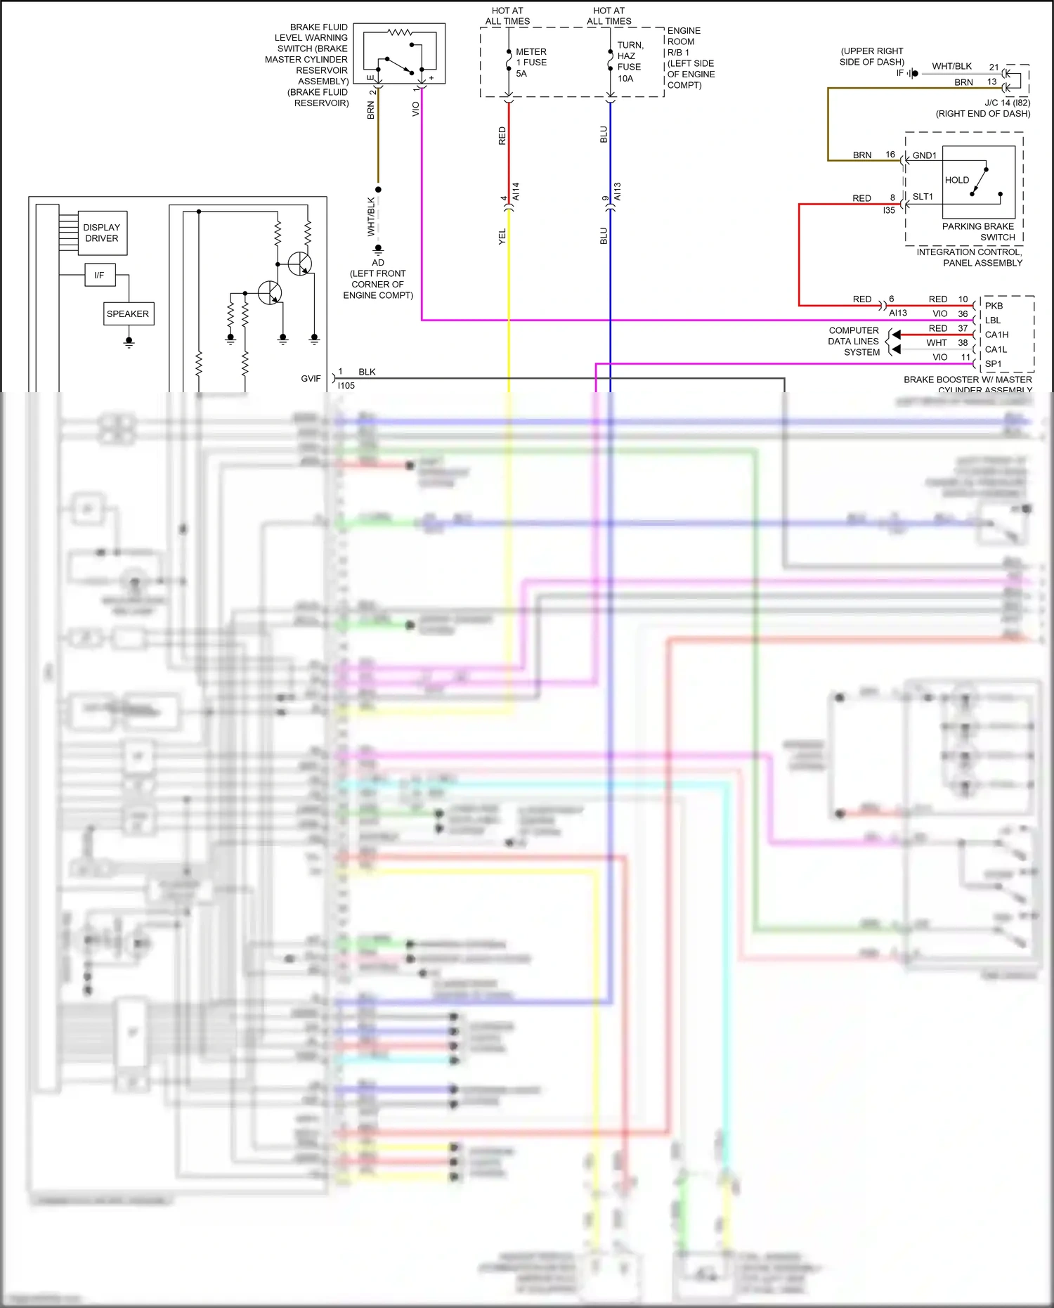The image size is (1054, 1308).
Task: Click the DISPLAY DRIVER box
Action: (x=102, y=233)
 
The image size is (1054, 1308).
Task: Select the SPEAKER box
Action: (x=128, y=313)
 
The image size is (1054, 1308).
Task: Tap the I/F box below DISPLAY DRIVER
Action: (x=99, y=275)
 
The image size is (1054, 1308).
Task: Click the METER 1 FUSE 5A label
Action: (x=531, y=63)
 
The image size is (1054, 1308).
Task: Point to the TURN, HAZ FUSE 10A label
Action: (x=630, y=62)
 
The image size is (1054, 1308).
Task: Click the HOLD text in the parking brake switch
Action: (x=956, y=180)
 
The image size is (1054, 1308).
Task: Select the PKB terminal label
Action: (x=994, y=306)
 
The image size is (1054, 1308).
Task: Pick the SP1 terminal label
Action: (x=993, y=364)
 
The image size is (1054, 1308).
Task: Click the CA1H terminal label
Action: (x=996, y=335)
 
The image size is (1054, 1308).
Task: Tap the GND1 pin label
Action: (x=924, y=155)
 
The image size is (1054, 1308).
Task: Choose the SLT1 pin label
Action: (x=923, y=197)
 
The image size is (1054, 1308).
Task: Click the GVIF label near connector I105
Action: (x=311, y=378)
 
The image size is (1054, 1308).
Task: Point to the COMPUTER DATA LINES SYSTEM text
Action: (x=854, y=341)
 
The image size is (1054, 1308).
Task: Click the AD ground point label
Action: (x=378, y=262)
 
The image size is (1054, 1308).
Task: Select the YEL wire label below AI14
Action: (x=502, y=237)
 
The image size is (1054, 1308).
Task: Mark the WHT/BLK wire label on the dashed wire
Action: (x=371, y=216)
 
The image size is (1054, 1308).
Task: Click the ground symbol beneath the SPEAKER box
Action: (x=129, y=342)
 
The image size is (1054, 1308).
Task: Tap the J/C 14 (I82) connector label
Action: (x=1007, y=103)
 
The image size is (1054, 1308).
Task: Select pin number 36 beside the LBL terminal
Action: (x=963, y=313)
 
